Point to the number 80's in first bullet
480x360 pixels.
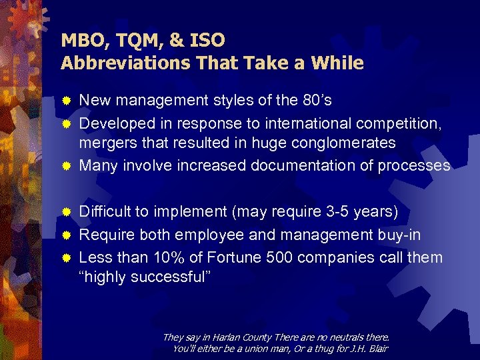click(x=311, y=101)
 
